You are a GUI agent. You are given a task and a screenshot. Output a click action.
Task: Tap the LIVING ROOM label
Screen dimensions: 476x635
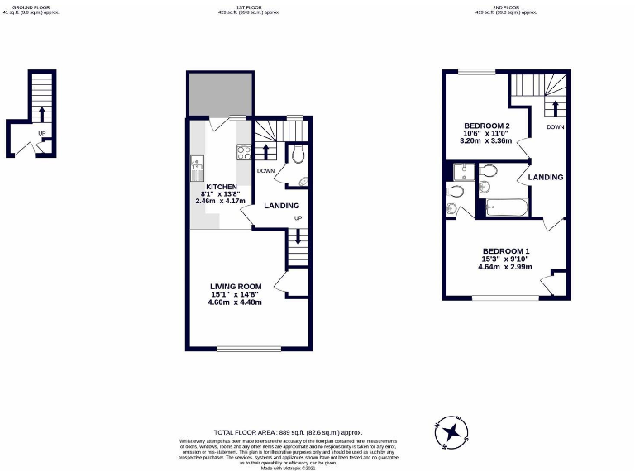(x=235, y=287)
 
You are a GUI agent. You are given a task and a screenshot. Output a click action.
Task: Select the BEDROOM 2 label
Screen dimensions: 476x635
(x=486, y=124)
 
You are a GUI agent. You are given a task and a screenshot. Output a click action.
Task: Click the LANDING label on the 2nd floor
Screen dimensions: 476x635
(x=547, y=177)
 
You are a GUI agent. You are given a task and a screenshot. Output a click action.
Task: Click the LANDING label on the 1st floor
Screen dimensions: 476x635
(x=281, y=206)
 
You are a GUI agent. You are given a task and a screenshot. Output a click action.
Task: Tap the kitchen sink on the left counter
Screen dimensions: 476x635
(x=198, y=163)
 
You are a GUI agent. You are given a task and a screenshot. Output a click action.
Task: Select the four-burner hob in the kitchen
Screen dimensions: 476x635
(x=244, y=152)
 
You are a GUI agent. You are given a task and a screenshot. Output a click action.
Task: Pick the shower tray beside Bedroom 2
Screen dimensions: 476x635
(x=463, y=171)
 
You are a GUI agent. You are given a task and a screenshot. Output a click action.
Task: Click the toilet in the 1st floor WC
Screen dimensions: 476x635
(x=297, y=154)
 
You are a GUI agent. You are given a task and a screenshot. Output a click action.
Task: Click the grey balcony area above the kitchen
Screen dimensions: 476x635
(x=219, y=94)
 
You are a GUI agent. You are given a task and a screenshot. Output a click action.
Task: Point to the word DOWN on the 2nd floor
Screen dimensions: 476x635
(x=555, y=127)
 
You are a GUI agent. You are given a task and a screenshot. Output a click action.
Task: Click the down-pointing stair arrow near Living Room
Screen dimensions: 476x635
(x=298, y=239)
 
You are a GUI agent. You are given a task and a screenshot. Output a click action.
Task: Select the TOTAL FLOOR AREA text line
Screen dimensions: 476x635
(x=288, y=432)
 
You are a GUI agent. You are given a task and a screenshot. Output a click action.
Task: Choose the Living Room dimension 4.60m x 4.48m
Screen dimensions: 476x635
(x=235, y=302)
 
